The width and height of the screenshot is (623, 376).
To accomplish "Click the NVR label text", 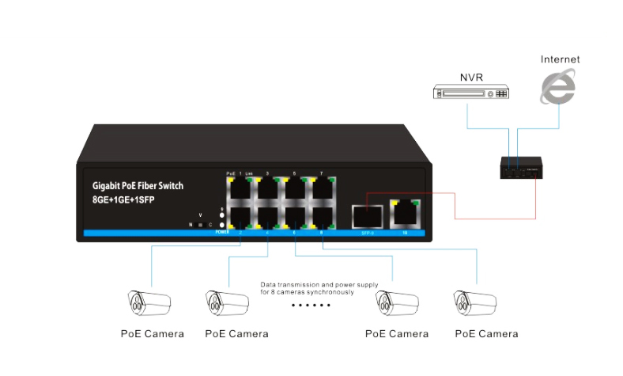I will (472, 78).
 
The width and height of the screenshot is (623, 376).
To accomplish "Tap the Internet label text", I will (560, 59).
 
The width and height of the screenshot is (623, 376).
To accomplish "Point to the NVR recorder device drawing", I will (472, 93).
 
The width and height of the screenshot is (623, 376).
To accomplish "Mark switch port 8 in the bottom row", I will (322, 216).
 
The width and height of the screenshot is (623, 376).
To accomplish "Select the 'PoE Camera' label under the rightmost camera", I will (486, 334).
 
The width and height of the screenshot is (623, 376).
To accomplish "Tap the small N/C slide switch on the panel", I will (200, 225).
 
